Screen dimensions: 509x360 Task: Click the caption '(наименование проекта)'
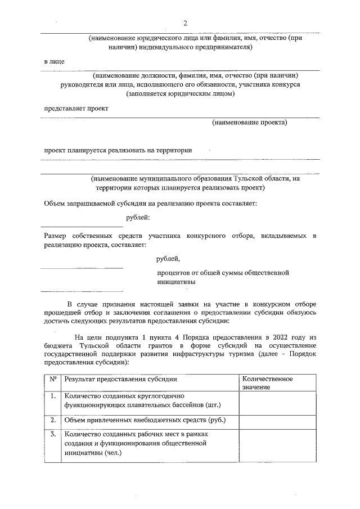point(249,122)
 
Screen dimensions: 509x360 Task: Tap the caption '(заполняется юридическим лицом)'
point(180,93)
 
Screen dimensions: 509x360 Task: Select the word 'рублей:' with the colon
point(138,217)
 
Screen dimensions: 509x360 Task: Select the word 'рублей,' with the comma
point(168,259)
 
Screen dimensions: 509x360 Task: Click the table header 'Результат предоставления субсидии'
point(121,380)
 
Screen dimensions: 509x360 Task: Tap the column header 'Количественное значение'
point(268,382)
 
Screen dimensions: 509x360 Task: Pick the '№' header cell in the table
point(53,379)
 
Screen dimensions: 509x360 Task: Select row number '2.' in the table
point(53,420)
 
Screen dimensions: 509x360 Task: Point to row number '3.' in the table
point(53,434)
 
